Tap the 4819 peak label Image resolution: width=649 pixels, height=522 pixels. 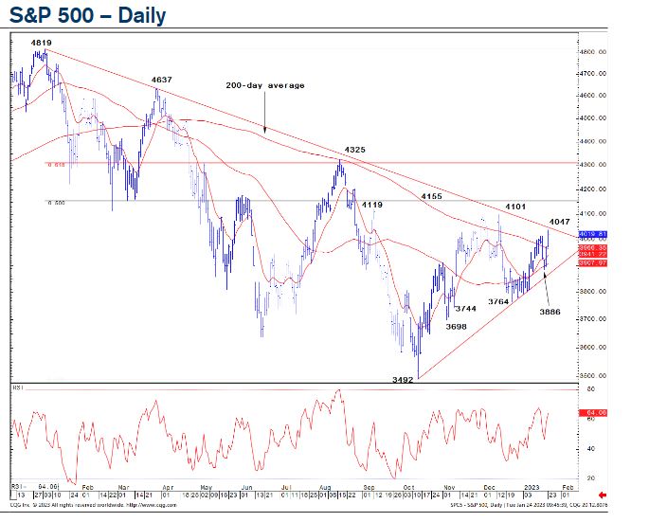tap(41, 43)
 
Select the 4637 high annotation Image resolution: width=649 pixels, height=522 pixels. tap(161, 80)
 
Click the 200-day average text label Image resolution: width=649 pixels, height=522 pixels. tap(265, 85)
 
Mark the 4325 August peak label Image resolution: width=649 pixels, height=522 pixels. tap(355, 150)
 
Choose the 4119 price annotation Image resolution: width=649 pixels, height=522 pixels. tap(371, 205)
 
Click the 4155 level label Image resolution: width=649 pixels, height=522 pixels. tap(432, 196)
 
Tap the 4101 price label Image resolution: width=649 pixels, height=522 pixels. tap(515, 206)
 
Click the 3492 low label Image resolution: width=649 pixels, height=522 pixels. tap(406, 381)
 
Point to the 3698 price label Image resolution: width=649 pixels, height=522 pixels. tap(456, 327)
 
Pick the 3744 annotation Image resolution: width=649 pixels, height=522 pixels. tap(464, 309)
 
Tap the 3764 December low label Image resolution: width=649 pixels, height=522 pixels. tap(498, 301)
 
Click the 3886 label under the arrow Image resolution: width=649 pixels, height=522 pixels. tap(550, 312)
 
